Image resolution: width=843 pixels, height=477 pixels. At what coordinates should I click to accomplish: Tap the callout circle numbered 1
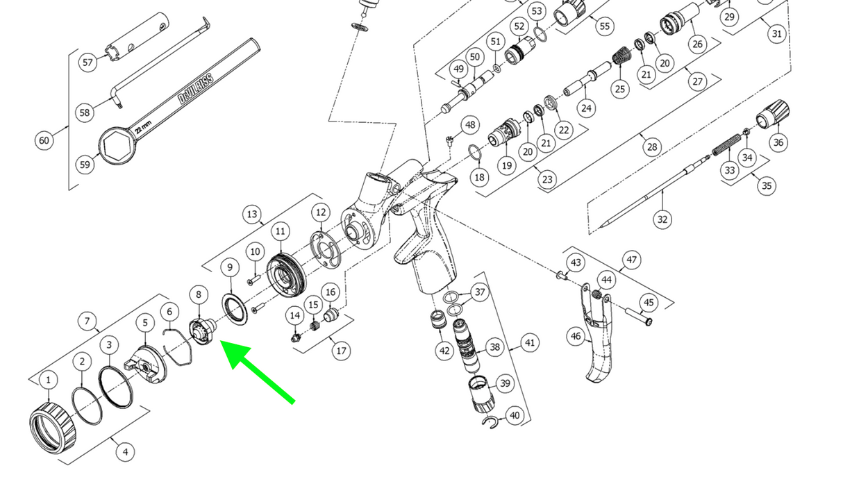(49, 380)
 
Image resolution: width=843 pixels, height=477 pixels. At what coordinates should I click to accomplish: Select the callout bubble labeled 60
(44, 141)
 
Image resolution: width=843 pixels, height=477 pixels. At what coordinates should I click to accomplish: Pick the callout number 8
(199, 294)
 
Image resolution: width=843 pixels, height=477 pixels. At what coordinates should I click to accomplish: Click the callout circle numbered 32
(662, 219)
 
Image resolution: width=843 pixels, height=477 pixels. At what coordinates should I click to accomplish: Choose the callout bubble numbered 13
(251, 214)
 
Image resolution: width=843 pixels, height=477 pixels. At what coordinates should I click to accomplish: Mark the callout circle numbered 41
(529, 342)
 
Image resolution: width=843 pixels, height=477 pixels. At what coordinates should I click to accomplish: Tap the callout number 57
(87, 62)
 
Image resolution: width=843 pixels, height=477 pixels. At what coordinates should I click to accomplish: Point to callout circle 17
(341, 351)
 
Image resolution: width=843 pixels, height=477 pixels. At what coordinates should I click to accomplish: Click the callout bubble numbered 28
(651, 147)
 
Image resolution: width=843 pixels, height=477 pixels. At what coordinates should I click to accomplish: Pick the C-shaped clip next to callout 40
(490, 421)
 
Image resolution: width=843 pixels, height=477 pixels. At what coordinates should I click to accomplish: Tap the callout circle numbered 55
(605, 26)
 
